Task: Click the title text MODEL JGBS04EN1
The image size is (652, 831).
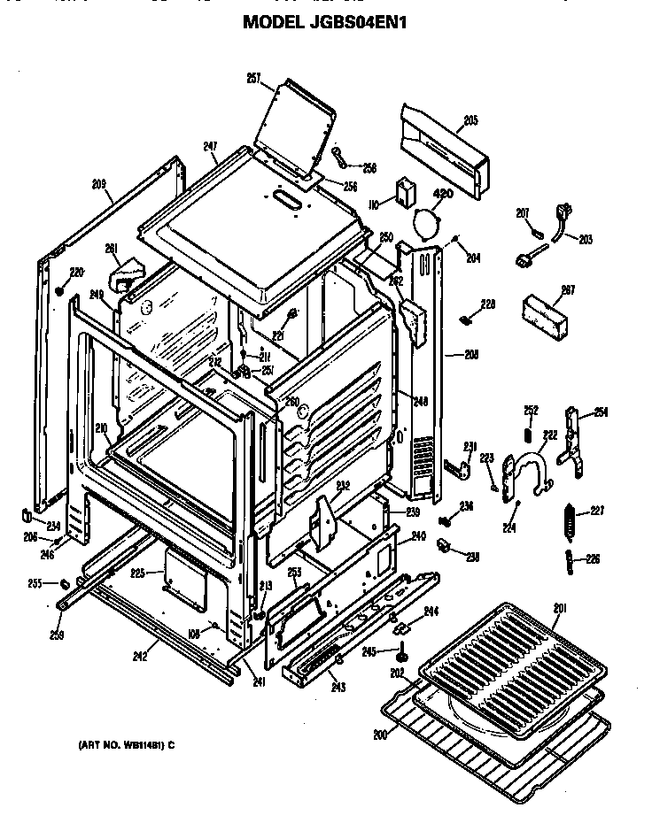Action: click(325, 21)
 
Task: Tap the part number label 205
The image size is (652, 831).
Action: click(470, 120)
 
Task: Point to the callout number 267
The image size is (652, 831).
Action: click(568, 289)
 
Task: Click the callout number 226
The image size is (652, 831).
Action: click(592, 558)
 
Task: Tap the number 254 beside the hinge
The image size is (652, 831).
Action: click(601, 412)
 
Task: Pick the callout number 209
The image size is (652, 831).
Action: click(99, 184)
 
